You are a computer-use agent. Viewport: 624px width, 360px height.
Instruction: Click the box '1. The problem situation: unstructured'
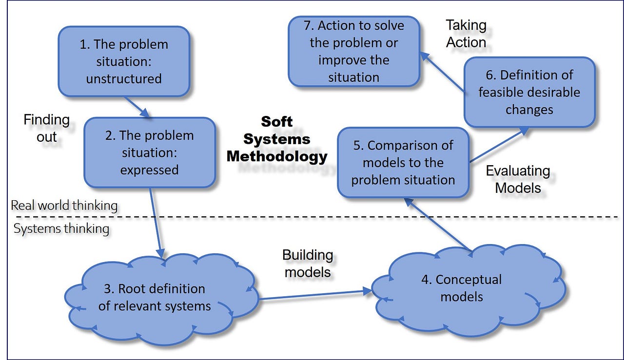coord(124,61)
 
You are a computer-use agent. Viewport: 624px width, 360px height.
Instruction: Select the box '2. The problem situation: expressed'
coord(150,152)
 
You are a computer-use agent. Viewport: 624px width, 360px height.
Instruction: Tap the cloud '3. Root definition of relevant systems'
coord(161,297)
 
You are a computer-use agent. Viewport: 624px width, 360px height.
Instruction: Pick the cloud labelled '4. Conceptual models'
coord(462,288)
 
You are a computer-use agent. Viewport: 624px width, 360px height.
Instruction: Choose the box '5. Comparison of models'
coord(403,163)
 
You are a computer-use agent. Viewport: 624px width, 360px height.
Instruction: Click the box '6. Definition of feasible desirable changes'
coord(529,92)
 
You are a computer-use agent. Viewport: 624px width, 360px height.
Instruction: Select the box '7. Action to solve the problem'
coord(354,51)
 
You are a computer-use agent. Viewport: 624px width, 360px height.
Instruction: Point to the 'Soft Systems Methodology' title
coord(277,139)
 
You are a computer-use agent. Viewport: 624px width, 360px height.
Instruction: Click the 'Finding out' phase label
coord(47,127)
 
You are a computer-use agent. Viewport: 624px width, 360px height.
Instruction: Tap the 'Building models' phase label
coord(308,264)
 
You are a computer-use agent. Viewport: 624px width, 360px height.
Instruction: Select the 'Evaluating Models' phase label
coord(518,179)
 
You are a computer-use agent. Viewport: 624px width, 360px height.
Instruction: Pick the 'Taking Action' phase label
coord(466,34)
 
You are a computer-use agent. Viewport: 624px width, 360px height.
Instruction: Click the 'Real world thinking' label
coord(64,206)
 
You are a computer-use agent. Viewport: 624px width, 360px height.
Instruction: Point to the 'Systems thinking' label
coord(61,228)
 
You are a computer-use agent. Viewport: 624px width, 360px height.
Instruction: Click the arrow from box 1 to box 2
coord(136,107)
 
